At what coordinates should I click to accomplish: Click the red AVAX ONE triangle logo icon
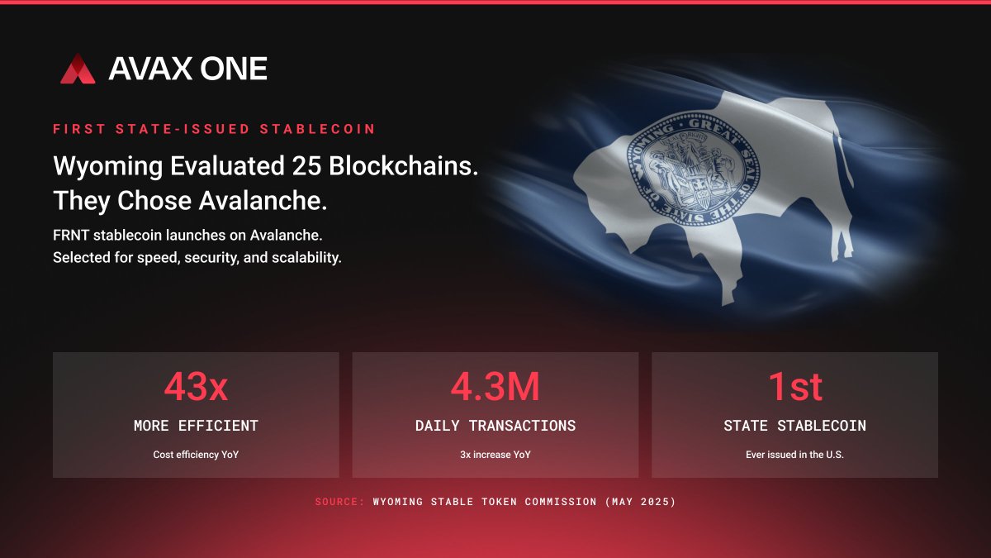tap(78, 69)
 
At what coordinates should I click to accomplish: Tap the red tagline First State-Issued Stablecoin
tap(214, 129)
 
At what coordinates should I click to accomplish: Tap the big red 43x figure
tap(196, 386)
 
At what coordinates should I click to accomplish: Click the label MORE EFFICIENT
tap(196, 426)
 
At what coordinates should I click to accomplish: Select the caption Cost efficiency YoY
tap(196, 455)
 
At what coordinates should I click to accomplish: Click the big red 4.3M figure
tap(495, 386)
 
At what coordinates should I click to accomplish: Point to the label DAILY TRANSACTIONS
tap(495, 426)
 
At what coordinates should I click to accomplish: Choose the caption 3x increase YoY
tap(495, 455)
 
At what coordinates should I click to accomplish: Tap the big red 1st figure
tap(794, 386)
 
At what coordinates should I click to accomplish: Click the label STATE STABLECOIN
tap(794, 426)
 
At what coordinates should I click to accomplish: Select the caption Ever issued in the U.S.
tap(794, 455)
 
